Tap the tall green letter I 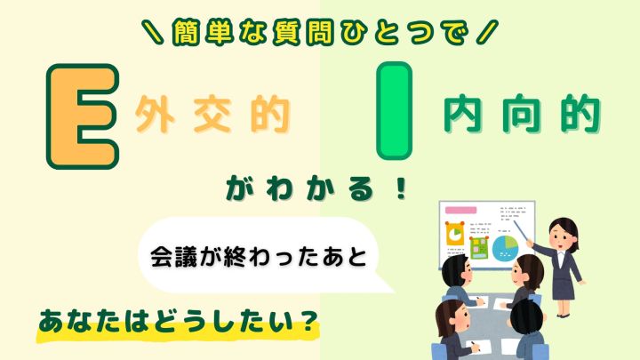pos(394,110)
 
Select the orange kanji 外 pos(155,115)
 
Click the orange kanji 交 pos(212,115)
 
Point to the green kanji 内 pos(463,114)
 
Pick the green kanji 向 pos(522,114)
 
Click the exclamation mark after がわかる pos(402,188)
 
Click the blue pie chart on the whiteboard pos(505,248)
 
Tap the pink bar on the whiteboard pos(460,210)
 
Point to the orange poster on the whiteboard pos(455,234)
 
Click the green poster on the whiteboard pos(479,248)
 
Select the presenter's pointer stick pos(522,231)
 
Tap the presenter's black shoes pos(563,315)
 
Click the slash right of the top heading pos(487,32)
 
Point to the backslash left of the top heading pos(154,32)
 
